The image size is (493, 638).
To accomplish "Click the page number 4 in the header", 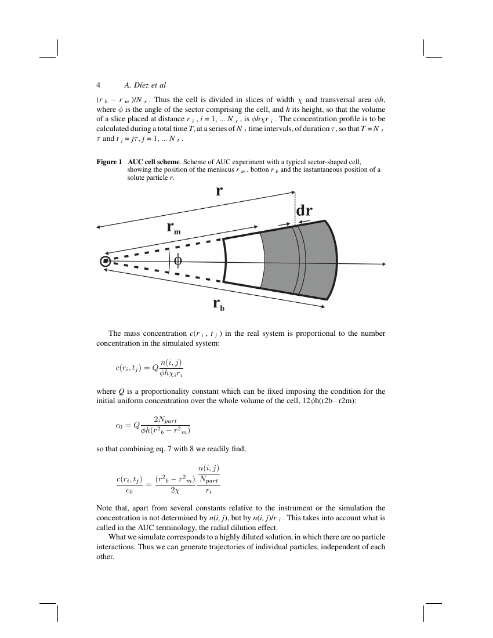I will click(99, 85).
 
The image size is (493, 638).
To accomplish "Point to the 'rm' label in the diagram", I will click(173, 227).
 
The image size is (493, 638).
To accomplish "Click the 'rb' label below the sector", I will click(218, 303).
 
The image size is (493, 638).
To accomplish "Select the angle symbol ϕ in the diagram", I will click(177, 261).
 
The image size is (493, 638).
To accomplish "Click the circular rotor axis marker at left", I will click(105, 262).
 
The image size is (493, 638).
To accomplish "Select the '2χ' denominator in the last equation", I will click(175, 490).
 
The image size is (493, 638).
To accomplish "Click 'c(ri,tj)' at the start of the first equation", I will click(129, 368).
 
